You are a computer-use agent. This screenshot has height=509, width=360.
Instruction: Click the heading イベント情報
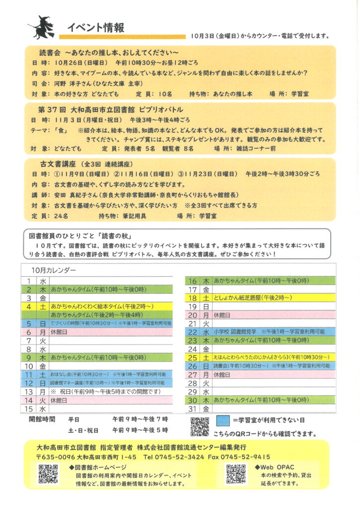95,27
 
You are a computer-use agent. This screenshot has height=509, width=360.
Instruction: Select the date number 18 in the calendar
193,298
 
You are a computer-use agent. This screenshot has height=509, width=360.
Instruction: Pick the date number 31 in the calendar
193,409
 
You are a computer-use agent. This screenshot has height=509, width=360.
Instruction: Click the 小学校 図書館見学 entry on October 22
235,331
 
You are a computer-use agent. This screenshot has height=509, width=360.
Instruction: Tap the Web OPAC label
279,467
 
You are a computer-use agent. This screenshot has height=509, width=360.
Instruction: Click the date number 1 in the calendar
29,281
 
